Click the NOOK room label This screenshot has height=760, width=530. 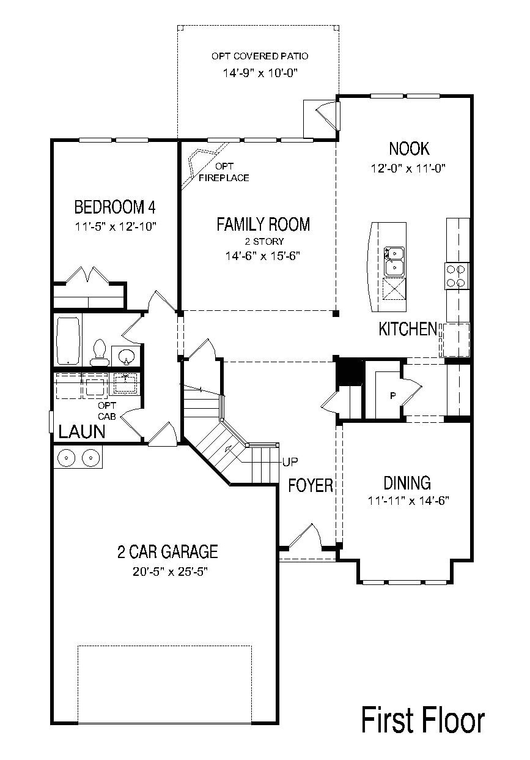coord(409,149)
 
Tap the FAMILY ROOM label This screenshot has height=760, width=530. coord(263,225)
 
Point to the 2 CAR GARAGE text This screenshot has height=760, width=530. coord(167,552)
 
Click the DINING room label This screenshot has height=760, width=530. coord(407,483)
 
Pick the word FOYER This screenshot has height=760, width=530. coord(311,486)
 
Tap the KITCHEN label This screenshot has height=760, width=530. coord(407,329)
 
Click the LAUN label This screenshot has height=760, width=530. coord(81,432)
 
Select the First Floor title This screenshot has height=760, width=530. coord(423,720)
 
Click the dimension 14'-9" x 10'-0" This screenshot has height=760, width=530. coord(259,73)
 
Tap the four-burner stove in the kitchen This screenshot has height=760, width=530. coord(457,275)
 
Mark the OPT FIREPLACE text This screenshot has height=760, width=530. coord(224,172)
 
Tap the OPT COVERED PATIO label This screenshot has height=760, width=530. coord(260,56)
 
